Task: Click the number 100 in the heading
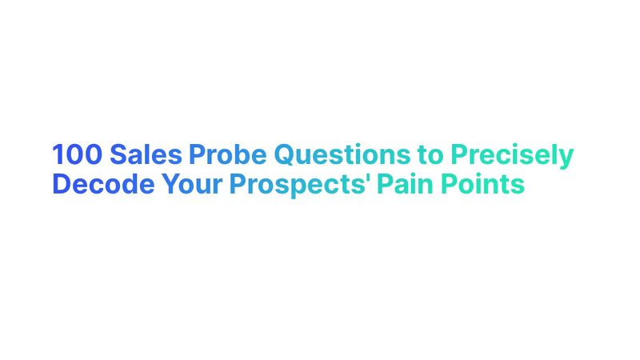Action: coord(77,154)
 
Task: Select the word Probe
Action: coord(226,154)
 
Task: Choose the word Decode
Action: coord(102,184)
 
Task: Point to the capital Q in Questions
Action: coord(283,154)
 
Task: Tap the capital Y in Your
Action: coord(170,184)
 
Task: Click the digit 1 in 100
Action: coord(58,154)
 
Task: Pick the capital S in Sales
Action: coord(118,154)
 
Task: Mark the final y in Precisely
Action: coord(567,157)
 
